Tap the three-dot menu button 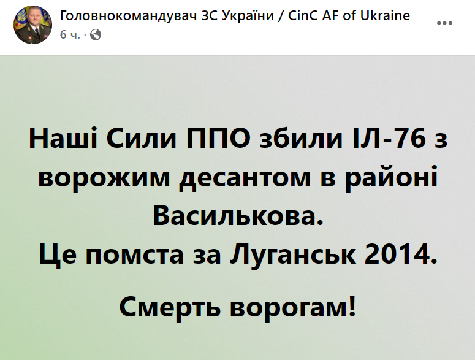[x=444, y=23]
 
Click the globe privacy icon [x=95, y=35]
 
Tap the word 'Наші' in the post [x=62, y=140]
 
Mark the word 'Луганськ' [x=291, y=253]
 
